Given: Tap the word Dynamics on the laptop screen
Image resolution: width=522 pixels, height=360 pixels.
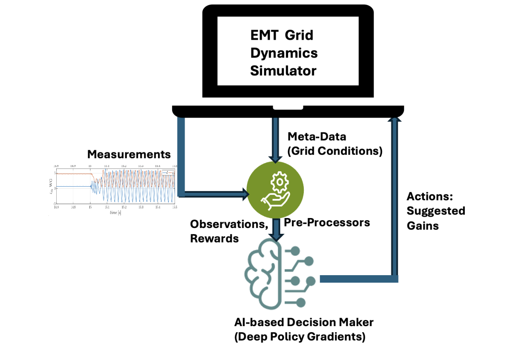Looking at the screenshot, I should [284, 53].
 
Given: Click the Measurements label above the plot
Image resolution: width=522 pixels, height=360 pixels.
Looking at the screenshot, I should [129, 154].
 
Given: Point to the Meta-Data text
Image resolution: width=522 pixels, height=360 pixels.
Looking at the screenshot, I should [317, 137].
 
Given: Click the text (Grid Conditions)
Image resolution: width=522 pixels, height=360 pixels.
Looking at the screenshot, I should [334, 151].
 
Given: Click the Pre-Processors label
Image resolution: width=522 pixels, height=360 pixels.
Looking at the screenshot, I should [327, 222].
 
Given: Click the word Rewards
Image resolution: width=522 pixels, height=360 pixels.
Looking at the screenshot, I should [214, 238].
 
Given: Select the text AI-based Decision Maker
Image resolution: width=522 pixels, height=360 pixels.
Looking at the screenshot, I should [304, 322].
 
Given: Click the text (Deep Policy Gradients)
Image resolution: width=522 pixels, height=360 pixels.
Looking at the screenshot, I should [300, 337].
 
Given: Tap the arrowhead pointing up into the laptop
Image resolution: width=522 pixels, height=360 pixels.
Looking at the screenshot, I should [395, 120].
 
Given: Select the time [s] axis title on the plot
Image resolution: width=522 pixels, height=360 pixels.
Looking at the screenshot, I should [115, 212].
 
